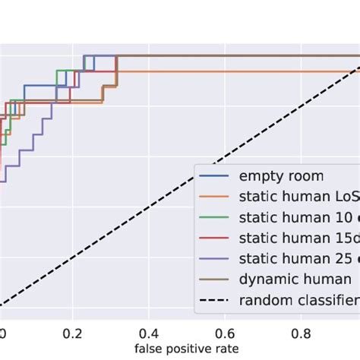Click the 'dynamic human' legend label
tap(295, 279)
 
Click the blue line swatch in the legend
tap(215, 177)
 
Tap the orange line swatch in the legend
tap(215, 197)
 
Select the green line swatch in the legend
tap(215, 218)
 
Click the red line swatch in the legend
tap(215, 238)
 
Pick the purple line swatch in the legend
tap(215, 259)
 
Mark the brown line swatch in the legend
tap(215, 279)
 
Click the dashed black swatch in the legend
tap(215, 300)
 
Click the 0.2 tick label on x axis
tap(73, 332)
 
